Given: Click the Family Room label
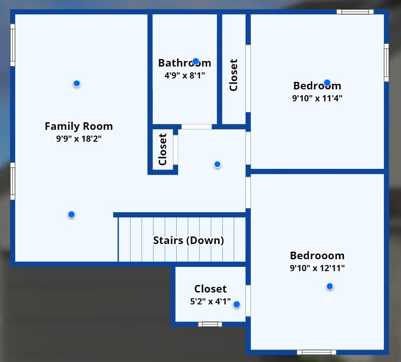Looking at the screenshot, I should click(x=79, y=126).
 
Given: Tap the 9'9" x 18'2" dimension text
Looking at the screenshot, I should click(x=79, y=139).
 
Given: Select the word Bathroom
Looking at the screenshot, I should click(x=184, y=63).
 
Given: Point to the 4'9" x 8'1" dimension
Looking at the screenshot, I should click(x=184, y=75).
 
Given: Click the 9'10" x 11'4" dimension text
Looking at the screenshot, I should click(x=317, y=98).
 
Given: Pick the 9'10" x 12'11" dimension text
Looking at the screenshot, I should click(x=317, y=268).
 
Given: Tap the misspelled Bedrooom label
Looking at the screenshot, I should click(x=317, y=255).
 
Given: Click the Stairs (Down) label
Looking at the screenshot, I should click(x=188, y=240).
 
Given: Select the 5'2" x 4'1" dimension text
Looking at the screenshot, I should click(x=210, y=301).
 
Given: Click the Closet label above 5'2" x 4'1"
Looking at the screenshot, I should click(x=210, y=289).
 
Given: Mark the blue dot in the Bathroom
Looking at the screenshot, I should click(x=196, y=61).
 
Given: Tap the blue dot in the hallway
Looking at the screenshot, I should click(x=217, y=164).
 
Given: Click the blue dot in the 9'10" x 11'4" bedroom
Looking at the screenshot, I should click(x=327, y=82).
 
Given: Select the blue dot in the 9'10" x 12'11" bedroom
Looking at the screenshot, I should click(x=330, y=286).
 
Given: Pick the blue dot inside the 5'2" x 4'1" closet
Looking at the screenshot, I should click(x=236, y=304).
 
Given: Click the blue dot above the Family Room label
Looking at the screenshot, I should click(x=76, y=84).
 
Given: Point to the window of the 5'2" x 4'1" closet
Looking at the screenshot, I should click(x=210, y=324).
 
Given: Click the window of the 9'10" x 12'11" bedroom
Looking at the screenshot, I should click(x=316, y=352).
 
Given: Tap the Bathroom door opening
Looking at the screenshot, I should click(x=196, y=127).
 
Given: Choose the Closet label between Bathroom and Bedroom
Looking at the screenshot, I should click(x=233, y=75).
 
